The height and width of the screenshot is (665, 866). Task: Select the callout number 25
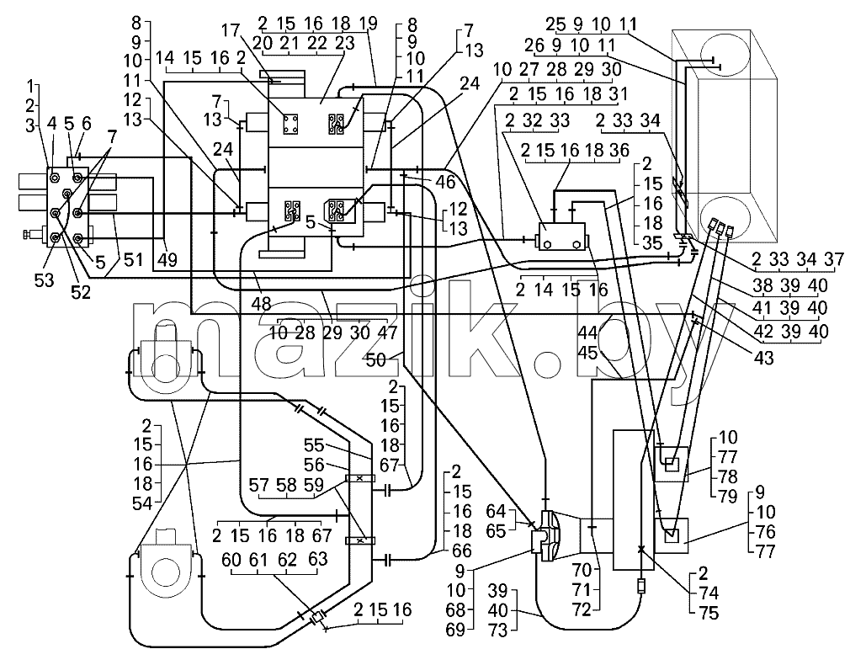[556, 25]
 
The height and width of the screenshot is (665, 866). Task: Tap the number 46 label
[444, 183]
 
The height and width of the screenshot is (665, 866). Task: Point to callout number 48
[261, 304]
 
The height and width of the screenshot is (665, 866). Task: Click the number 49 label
[167, 259]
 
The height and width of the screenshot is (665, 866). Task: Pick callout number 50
[375, 360]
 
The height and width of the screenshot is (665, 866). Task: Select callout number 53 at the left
[44, 280]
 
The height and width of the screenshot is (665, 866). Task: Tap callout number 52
[81, 291]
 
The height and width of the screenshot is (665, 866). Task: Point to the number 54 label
[144, 503]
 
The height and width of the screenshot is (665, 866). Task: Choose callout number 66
[462, 551]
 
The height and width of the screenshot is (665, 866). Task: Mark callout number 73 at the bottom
[498, 630]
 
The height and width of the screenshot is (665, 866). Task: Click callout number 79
[727, 496]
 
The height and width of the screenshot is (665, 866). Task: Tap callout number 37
[833, 258]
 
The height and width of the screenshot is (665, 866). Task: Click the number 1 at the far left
[30, 86]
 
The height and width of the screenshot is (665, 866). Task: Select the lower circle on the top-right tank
[725, 219]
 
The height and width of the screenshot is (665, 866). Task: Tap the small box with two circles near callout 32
[563, 237]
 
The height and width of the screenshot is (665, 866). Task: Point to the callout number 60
[231, 560]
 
